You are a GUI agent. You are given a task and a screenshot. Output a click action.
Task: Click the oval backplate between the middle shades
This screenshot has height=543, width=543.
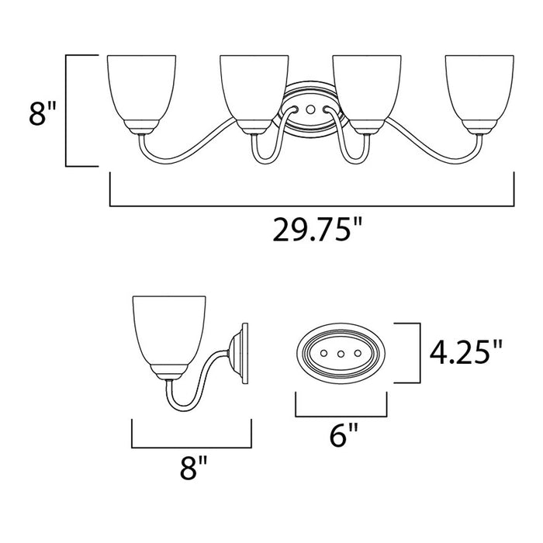click(x=308, y=109)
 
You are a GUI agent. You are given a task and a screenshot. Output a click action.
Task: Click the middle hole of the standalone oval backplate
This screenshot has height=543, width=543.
click(x=341, y=354)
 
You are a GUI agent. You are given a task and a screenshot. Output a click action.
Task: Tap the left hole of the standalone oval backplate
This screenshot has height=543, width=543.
click(x=325, y=354)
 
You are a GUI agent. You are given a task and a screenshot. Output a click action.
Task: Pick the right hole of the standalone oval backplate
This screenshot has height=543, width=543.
click(x=356, y=354)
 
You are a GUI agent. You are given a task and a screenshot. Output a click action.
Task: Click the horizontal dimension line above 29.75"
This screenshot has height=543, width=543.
click(x=313, y=206)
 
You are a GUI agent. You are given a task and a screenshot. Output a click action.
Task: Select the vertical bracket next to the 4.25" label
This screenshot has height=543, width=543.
click(x=419, y=354)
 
